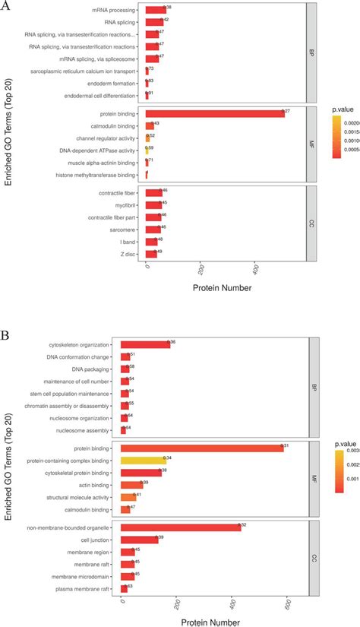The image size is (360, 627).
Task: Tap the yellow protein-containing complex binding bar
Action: (x=143, y=460)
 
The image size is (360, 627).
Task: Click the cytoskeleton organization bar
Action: (x=145, y=344)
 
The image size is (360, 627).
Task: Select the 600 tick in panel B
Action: (x=286, y=605)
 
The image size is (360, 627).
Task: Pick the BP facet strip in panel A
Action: (x=311, y=53)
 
